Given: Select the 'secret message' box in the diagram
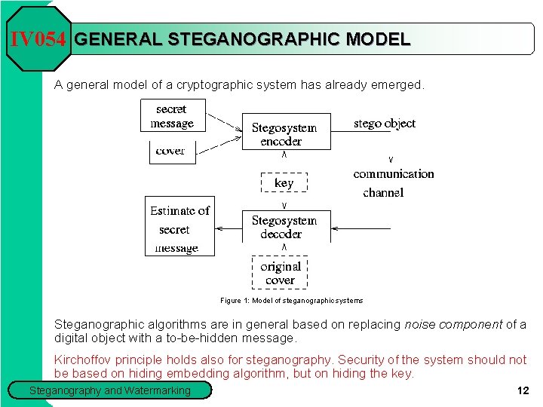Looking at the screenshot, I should coord(173,116).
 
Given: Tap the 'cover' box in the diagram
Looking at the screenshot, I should coord(171,151).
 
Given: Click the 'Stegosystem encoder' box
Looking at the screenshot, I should coord(285,133).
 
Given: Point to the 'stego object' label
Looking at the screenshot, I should coord(385,123).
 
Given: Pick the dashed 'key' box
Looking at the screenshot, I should coord(284,183).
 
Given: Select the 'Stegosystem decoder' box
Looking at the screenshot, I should coord(285,226).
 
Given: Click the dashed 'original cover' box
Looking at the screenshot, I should coord(281,273).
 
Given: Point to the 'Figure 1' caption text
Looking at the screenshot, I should coord(291,301).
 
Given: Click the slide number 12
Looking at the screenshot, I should coord(523,390).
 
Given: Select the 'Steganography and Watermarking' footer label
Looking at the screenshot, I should coord(110,390).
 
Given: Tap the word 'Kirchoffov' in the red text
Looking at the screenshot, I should coord(84,360).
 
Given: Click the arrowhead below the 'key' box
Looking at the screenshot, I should coord(284,205).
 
